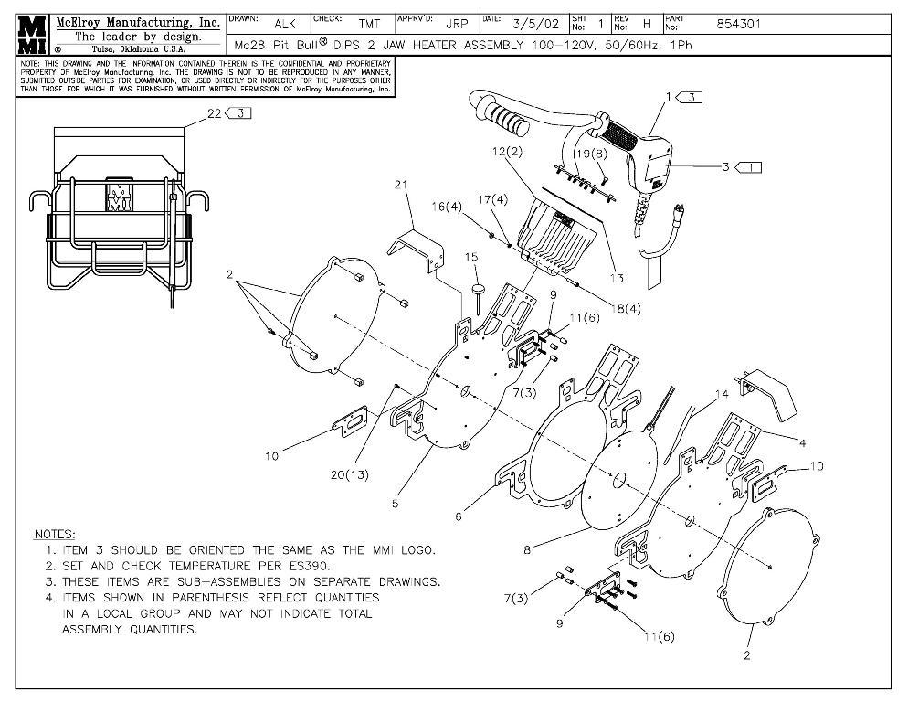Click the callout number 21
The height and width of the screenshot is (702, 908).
(399, 186)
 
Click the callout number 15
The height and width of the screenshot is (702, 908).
(471, 258)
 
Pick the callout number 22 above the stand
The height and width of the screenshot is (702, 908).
(213, 112)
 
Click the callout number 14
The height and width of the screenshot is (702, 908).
(723, 395)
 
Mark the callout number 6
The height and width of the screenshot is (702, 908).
(459, 516)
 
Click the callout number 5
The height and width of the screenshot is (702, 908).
(396, 503)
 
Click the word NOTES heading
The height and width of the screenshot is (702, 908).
(55, 534)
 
